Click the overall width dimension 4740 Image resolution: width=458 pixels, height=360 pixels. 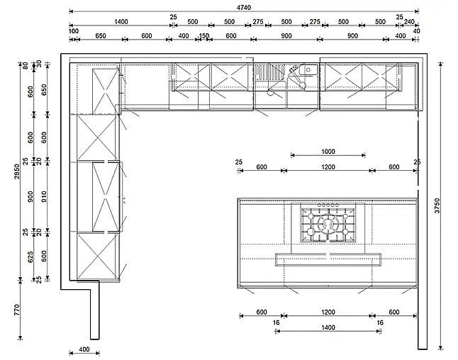tap(244, 7)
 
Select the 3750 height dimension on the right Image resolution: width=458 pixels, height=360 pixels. tap(437, 206)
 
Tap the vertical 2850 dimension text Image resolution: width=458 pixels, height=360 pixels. tap(17, 171)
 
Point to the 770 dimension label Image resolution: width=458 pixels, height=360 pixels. tap(17, 310)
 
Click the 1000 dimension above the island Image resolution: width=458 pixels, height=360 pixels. tap(328, 151)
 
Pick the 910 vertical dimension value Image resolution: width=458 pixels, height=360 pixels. tap(44, 197)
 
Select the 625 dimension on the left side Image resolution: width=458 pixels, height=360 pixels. tap(30, 257)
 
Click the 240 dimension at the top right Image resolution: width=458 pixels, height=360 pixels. tap(409, 21)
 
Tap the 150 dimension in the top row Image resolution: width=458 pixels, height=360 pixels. tap(204, 35)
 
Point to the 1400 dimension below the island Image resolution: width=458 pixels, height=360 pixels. tap(328, 327)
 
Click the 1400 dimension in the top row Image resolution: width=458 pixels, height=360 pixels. tap(121, 21)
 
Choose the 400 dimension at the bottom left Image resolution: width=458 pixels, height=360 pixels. tap(84, 349)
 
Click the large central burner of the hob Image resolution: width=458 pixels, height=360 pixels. tap(328, 224)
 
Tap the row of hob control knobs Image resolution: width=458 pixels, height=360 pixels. tap(328, 206)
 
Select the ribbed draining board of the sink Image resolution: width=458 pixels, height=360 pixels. tap(269, 72)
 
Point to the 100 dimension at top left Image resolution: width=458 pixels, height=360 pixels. tap(74, 31)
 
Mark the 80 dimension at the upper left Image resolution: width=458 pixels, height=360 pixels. tap(26, 66)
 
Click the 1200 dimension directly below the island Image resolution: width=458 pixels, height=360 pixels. tap(328, 312)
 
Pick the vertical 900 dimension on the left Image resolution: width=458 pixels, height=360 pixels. tap(30, 197)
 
